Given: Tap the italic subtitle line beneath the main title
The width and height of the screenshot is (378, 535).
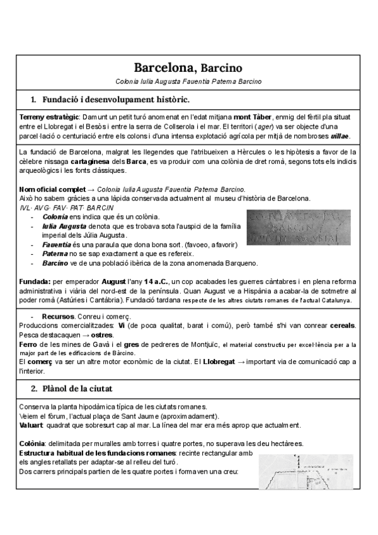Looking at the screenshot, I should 189,81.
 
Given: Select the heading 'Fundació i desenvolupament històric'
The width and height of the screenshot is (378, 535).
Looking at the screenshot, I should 115,100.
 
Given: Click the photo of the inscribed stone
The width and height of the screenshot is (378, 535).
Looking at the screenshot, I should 297,226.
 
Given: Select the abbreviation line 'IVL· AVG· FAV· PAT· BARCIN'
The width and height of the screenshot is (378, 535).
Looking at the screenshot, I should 67,207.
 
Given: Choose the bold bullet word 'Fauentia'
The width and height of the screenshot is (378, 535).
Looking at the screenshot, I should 57,244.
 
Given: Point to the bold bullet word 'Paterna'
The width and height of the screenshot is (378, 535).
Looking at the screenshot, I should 55,253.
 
